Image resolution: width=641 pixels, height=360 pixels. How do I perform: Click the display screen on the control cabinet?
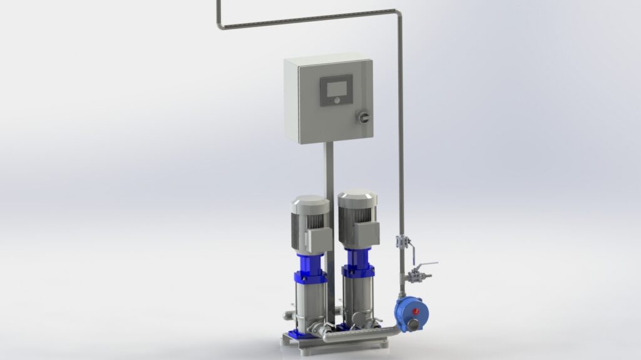pos(336,87)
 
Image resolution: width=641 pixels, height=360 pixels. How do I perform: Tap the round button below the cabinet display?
pos(336,100)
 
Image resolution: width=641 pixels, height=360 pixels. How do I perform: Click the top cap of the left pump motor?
pos(310,204)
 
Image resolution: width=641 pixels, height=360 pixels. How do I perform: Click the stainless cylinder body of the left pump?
pos(310,307)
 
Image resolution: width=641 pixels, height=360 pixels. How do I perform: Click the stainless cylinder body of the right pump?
pos(357,301)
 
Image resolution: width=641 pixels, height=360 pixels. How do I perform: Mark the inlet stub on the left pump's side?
pos(289,311)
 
